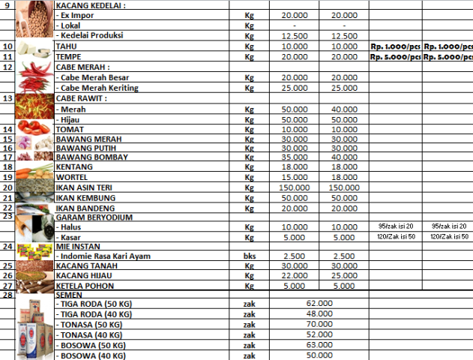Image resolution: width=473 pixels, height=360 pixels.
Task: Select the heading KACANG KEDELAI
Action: (x=91, y=5)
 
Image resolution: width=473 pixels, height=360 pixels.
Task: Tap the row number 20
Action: (x=7, y=187)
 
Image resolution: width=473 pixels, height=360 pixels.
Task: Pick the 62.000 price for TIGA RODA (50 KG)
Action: (x=319, y=302)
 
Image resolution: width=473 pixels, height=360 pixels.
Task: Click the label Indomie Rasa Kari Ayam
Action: (x=104, y=256)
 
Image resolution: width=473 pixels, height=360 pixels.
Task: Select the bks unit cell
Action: (x=250, y=256)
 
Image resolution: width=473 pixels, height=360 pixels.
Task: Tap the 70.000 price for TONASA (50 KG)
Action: (x=319, y=324)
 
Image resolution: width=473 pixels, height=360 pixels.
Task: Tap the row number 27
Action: (x=7, y=286)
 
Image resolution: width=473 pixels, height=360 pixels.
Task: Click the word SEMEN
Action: (x=70, y=295)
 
